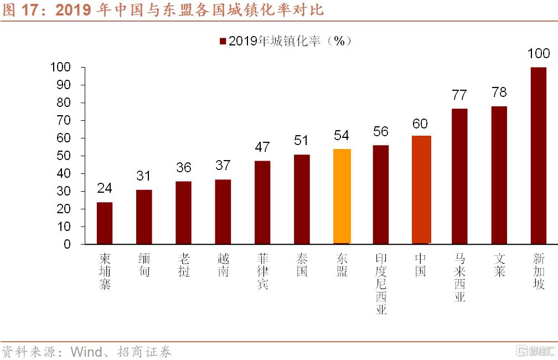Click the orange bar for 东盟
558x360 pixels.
(342, 196)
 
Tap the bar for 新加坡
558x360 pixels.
(539, 155)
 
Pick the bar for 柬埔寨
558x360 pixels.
(105, 223)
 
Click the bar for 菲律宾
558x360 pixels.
(263, 202)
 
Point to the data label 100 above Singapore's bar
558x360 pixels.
(539, 54)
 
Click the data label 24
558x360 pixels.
(105, 188)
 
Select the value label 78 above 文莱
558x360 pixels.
(499, 92)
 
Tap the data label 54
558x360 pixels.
(342, 135)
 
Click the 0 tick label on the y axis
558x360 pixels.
(68, 244)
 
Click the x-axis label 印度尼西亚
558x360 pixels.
(381, 284)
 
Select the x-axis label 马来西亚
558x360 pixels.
(459, 277)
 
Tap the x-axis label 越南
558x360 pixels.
(223, 265)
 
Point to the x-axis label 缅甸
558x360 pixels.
(144, 265)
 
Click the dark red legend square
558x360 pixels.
(223, 42)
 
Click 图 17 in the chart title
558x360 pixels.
(25, 10)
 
